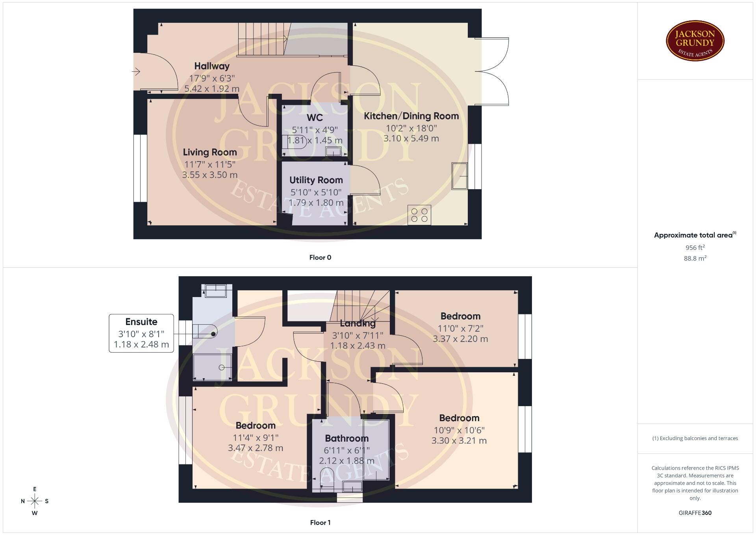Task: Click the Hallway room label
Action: (212, 66)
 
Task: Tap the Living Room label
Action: (210, 152)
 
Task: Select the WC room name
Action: (315, 117)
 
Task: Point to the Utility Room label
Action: (316, 180)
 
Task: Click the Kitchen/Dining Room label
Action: (411, 116)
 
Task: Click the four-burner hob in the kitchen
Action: (419, 215)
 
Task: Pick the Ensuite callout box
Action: (141, 333)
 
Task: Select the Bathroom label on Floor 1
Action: (346, 438)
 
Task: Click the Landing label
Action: (358, 323)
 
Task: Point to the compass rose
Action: (35, 501)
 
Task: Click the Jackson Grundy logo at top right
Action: (695, 41)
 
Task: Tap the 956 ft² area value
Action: (695, 247)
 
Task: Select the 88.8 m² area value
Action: (695, 258)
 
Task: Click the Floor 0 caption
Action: (320, 257)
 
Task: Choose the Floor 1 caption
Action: (320, 522)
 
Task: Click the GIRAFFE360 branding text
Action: (695, 513)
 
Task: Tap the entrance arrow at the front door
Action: (136, 72)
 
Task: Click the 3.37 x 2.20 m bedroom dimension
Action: (460, 339)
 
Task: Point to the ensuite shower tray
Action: (212, 367)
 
